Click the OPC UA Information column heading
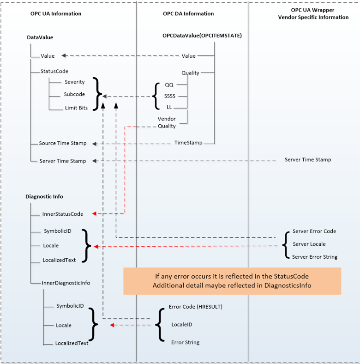(x=56, y=14)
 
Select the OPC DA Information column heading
(x=188, y=14)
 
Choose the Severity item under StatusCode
(x=75, y=82)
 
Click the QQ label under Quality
(x=169, y=85)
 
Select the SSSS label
(x=170, y=96)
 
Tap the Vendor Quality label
(x=167, y=122)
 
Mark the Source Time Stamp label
(x=63, y=143)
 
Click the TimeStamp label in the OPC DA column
(x=188, y=143)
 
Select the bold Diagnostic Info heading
(x=44, y=196)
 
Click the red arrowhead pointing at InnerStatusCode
(x=94, y=214)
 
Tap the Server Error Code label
(x=314, y=231)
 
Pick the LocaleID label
(x=181, y=325)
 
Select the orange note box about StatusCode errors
(x=232, y=280)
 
